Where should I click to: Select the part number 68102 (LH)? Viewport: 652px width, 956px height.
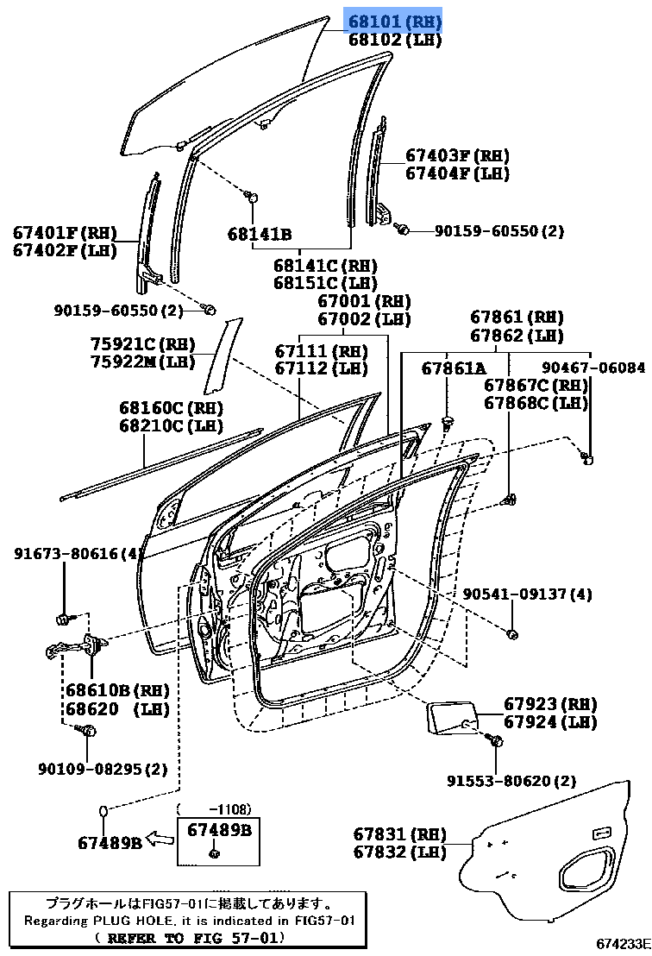click(394, 40)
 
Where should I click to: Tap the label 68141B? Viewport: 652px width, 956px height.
click(260, 234)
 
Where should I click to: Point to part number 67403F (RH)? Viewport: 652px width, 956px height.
click(457, 155)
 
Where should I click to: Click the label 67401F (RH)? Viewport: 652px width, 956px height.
click(64, 232)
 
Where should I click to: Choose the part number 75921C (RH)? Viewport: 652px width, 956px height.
click(142, 343)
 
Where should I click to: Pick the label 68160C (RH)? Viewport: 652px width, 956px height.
click(171, 407)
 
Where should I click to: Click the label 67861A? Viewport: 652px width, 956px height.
click(454, 368)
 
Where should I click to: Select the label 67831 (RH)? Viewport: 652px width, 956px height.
click(399, 833)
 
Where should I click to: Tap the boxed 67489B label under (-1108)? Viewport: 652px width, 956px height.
click(218, 830)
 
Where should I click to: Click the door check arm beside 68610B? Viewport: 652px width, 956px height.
click(78, 645)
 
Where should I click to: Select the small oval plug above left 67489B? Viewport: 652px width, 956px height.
click(102, 811)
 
